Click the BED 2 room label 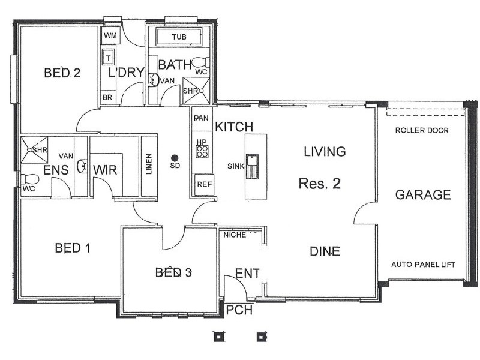click(x=62, y=73)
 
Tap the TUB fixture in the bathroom click(x=179, y=37)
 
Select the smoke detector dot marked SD click(x=175, y=158)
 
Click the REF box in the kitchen click(x=204, y=185)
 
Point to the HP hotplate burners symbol click(x=202, y=152)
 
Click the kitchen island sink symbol click(x=252, y=167)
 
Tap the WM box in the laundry click(x=110, y=35)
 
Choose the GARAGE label click(x=423, y=194)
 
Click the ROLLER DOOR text click(x=422, y=130)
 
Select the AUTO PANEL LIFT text click(x=424, y=264)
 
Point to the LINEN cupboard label click(x=149, y=164)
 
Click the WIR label click(x=105, y=170)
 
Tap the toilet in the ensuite click(x=29, y=179)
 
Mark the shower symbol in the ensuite click(x=34, y=149)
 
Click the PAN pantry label click(x=201, y=118)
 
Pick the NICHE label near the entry click(x=235, y=235)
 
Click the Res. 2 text click(x=320, y=184)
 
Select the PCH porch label click(x=239, y=310)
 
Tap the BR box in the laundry click(x=107, y=98)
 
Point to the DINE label click(x=325, y=251)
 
